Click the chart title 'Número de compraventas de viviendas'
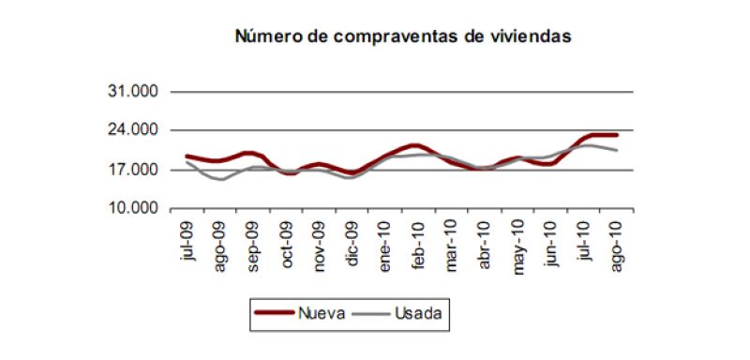click(x=402, y=37)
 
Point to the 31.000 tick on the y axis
click(x=133, y=92)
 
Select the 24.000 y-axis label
click(x=133, y=130)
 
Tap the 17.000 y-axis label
click(x=133, y=170)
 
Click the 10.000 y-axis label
click(x=133, y=208)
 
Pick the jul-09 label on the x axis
click(x=188, y=242)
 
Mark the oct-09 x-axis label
click(x=287, y=244)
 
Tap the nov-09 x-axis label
click(x=320, y=245)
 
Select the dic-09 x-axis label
click(x=352, y=243)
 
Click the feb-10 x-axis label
click(x=418, y=244)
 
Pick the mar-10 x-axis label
click(x=452, y=245)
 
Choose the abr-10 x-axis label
click(x=485, y=244)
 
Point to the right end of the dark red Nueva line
click(x=616, y=135)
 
